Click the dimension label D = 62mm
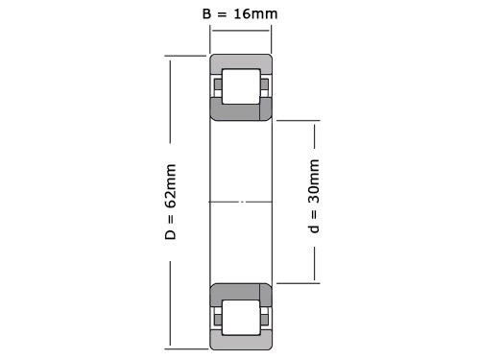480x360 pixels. pos(171,202)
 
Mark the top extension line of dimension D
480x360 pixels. pos(187,54)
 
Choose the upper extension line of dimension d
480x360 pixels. pos(299,121)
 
